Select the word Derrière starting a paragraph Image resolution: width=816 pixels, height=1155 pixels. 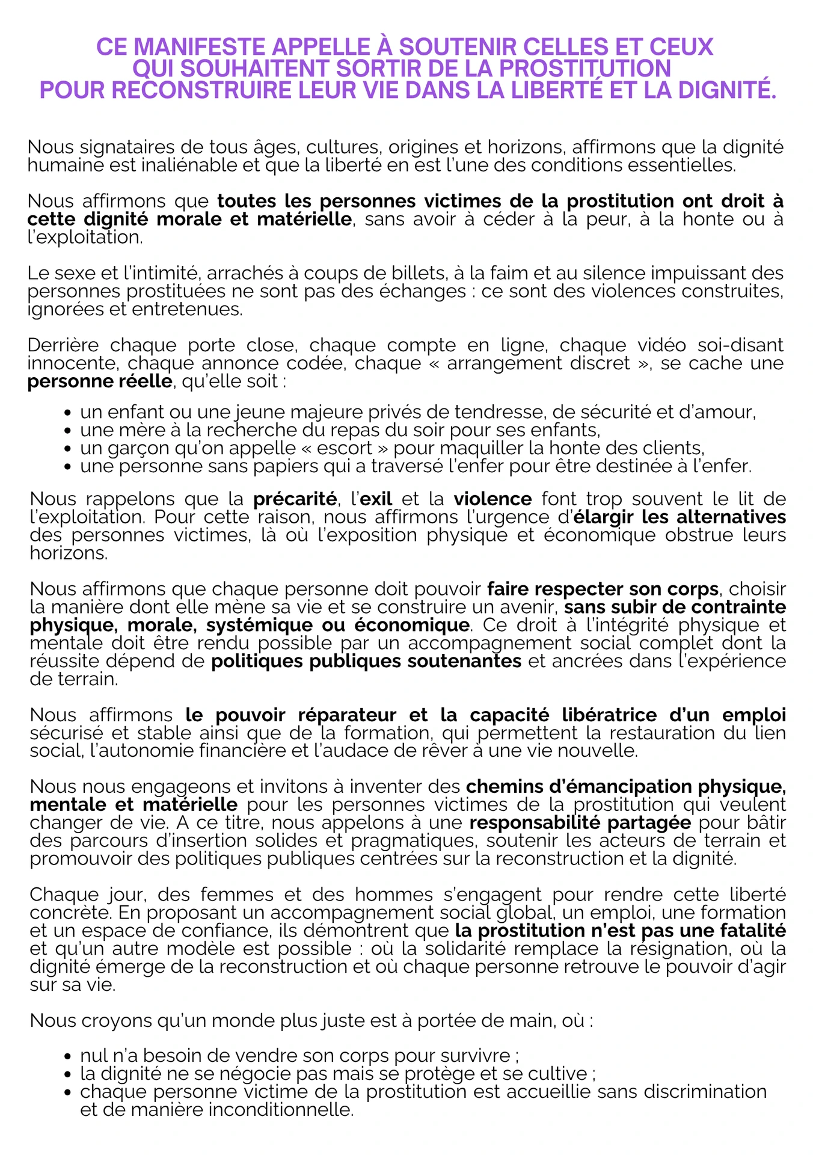click(64, 345)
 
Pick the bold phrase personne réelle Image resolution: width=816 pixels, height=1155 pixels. click(99, 382)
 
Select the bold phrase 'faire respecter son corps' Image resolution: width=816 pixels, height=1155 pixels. click(603, 589)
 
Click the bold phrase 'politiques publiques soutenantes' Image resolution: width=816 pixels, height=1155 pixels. click(366, 662)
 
